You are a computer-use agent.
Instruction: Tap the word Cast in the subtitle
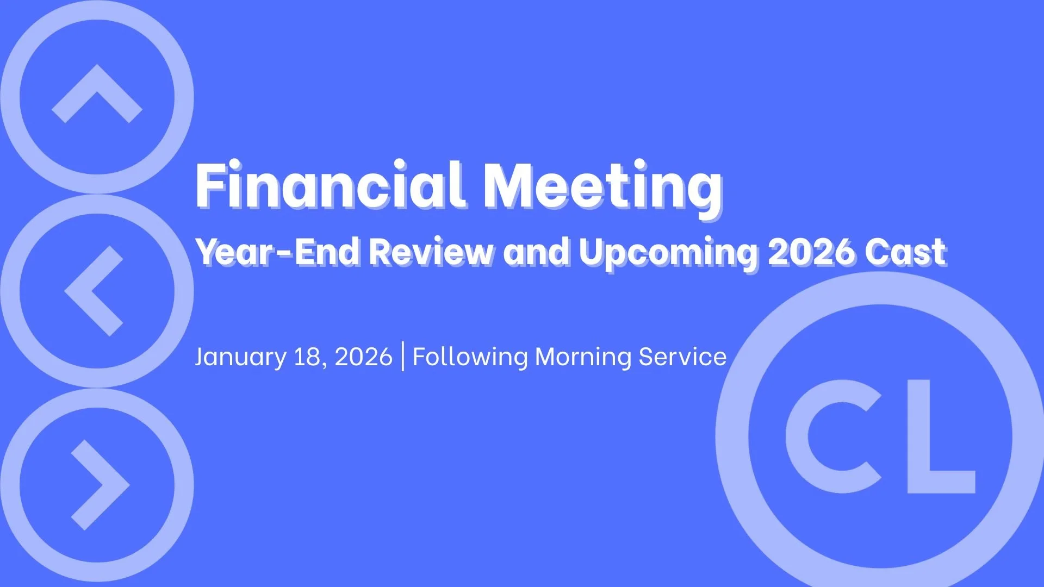(x=906, y=252)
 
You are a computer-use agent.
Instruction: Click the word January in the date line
(x=240, y=357)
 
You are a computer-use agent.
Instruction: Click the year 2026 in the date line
(x=363, y=357)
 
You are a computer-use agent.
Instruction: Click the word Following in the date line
(x=470, y=357)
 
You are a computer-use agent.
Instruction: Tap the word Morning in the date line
(x=583, y=357)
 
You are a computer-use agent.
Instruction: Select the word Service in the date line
(x=682, y=357)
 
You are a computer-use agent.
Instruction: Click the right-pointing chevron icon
(x=101, y=485)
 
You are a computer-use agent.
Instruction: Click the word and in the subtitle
(x=536, y=252)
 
